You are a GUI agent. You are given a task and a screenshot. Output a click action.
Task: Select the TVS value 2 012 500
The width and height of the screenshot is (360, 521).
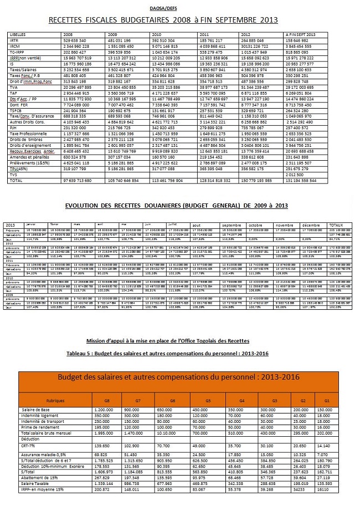pyautogui.click(x=294, y=175)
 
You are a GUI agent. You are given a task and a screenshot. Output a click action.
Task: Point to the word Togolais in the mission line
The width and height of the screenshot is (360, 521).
pyautogui.click(x=214, y=340)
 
